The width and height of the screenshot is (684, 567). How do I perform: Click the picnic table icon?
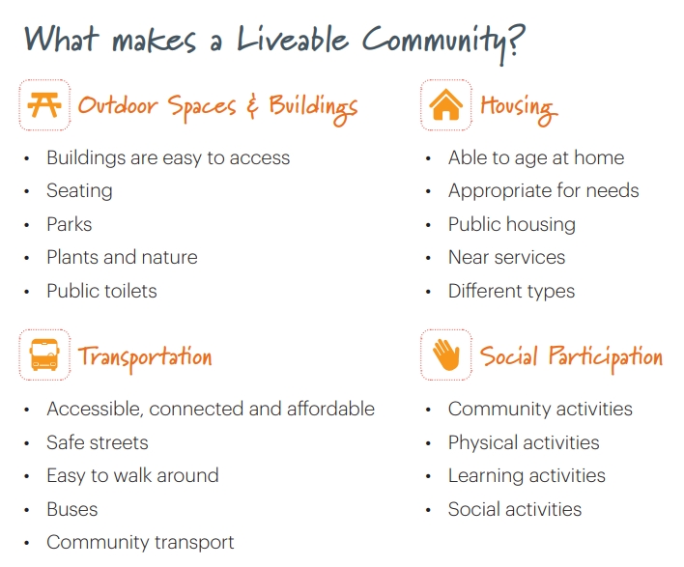click(44, 105)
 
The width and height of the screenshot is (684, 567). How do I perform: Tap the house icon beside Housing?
click(446, 105)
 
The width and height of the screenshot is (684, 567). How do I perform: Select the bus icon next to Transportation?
click(44, 355)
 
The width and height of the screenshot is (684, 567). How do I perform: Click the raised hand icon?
click(446, 355)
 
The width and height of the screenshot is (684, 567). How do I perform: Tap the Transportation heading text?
click(145, 356)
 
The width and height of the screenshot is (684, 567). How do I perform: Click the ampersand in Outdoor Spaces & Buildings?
click(252, 106)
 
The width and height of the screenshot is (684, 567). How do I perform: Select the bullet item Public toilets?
click(101, 291)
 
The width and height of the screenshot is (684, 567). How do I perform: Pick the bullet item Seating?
click(79, 191)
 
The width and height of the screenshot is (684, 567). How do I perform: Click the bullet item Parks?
click(70, 224)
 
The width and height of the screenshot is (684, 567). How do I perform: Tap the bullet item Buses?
click(72, 509)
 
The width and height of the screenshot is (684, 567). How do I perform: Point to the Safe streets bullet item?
click(98, 442)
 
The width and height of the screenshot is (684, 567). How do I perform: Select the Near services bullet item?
click(506, 258)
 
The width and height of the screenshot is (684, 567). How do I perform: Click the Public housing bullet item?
click(511, 224)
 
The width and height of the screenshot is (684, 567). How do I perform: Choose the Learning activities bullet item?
click(527, 475)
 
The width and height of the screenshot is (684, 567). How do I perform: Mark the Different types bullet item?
click(511, 291)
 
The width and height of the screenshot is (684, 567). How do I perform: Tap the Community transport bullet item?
click(140, 542)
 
